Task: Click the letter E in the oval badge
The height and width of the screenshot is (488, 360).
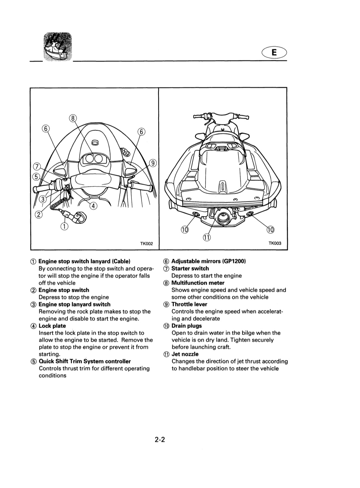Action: pos(274,53)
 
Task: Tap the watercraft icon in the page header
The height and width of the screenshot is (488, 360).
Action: pos(58,47)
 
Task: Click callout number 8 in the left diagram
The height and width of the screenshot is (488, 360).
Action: pos(73,118)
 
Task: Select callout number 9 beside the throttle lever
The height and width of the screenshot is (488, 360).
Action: pos(153,163)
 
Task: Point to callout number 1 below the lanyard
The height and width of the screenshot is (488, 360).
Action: pos(64,226)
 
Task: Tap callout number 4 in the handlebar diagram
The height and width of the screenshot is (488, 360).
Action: pos(93,206)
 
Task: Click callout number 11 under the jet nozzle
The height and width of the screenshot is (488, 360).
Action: pos(207,238)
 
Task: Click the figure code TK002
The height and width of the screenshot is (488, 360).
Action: pos(146,244)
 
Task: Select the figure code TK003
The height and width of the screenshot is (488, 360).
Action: pos(275,243)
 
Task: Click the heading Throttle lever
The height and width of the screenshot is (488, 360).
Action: pos(189,304)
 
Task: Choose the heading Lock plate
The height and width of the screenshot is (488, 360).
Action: pos(52,326)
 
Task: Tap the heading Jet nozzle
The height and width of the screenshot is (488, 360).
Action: pos(185,354)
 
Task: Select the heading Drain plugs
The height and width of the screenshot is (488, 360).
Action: pos(187,326)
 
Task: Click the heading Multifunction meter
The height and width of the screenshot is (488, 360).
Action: pos(198,283)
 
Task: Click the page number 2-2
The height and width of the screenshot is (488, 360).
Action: pos(160,440)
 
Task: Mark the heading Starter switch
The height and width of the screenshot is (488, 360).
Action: pos(190,269)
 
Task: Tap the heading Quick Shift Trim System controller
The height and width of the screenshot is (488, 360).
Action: pos(85,362)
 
